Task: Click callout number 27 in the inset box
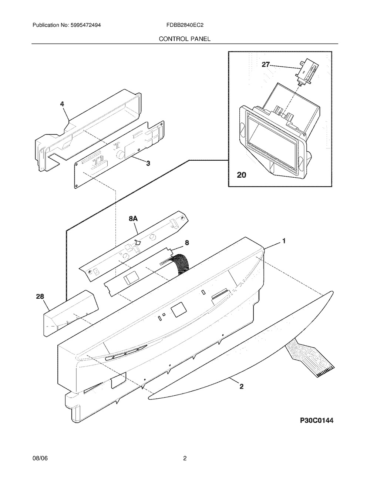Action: (266, 64)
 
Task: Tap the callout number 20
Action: (241, 175)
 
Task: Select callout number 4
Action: (62, 104)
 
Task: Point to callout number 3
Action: (148, 163)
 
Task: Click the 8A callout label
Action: (133, 218)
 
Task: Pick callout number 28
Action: (40, 297)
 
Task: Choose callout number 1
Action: (284, 241)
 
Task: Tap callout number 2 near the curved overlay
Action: (241, 386)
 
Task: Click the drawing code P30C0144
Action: (317, 421)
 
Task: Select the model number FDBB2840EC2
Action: (185, 25)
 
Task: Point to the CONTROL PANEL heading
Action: (185, 39)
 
